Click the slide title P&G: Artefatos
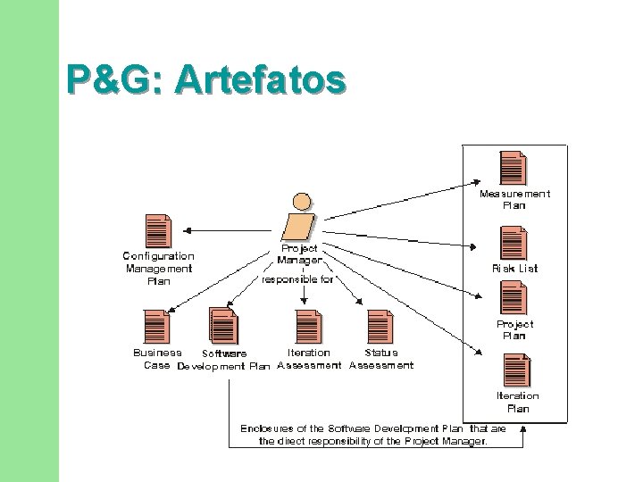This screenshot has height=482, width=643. [205, 79]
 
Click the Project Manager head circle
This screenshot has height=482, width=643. [303, 202]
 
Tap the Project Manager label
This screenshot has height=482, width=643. [299, 254]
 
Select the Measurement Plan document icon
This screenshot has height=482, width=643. [513, 168]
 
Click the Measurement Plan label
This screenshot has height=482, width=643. [514, 199]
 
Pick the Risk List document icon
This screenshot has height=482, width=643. [513, 242]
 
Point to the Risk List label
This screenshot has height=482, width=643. [515, 268]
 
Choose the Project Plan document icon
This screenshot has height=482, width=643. [513, 297]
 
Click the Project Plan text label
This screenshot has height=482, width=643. [514, 330]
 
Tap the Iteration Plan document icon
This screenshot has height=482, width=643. [516, 370]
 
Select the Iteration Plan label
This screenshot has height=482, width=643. [518, 402]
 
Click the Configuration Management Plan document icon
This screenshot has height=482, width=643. [157, 231]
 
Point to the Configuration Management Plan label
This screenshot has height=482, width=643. [158, 268]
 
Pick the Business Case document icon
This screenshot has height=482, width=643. [155, 326]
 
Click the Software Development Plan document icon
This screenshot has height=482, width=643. [222, 326]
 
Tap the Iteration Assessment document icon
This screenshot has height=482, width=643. [307, 326]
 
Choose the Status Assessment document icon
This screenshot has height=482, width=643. [380, 326]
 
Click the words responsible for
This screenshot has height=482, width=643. [297, 279]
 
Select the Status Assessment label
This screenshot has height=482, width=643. [381, 359]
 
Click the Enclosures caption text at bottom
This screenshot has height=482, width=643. [373, 435]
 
